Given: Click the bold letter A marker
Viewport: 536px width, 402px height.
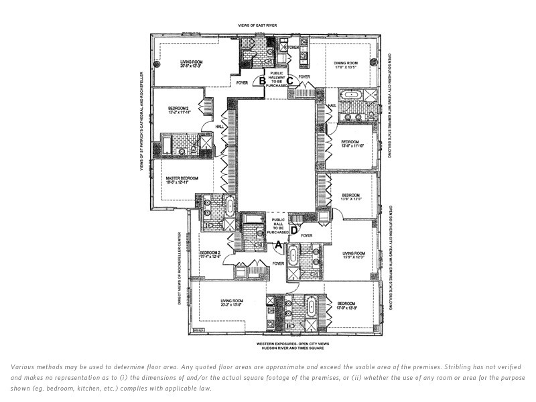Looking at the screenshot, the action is (279, 244).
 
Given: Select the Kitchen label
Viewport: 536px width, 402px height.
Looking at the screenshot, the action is (289, 48).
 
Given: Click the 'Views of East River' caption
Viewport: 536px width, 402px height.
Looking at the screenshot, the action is (257, 25).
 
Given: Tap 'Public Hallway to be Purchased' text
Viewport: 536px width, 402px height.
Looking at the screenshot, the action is (277, 79).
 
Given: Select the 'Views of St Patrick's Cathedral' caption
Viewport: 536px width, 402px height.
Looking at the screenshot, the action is (142, 127).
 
